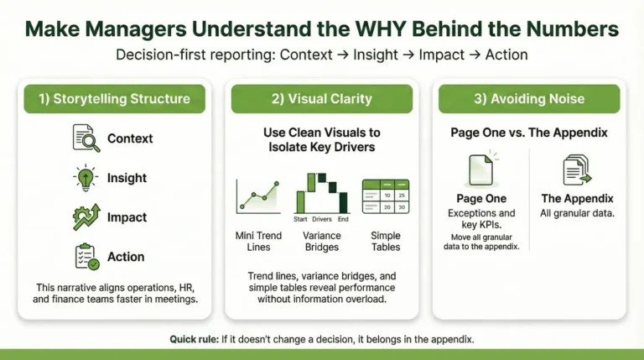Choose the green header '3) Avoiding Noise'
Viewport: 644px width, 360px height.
tap(528, 99)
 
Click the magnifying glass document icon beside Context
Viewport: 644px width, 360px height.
tap(87, 138)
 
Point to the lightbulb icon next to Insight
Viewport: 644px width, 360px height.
tap(87, 178)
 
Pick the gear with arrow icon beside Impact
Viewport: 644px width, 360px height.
tap(87, 217)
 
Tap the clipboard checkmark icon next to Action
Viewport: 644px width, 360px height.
tap(87, 257)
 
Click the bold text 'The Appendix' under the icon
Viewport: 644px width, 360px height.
tap(577, 199)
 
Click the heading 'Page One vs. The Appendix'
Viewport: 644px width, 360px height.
tap(528, 132)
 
